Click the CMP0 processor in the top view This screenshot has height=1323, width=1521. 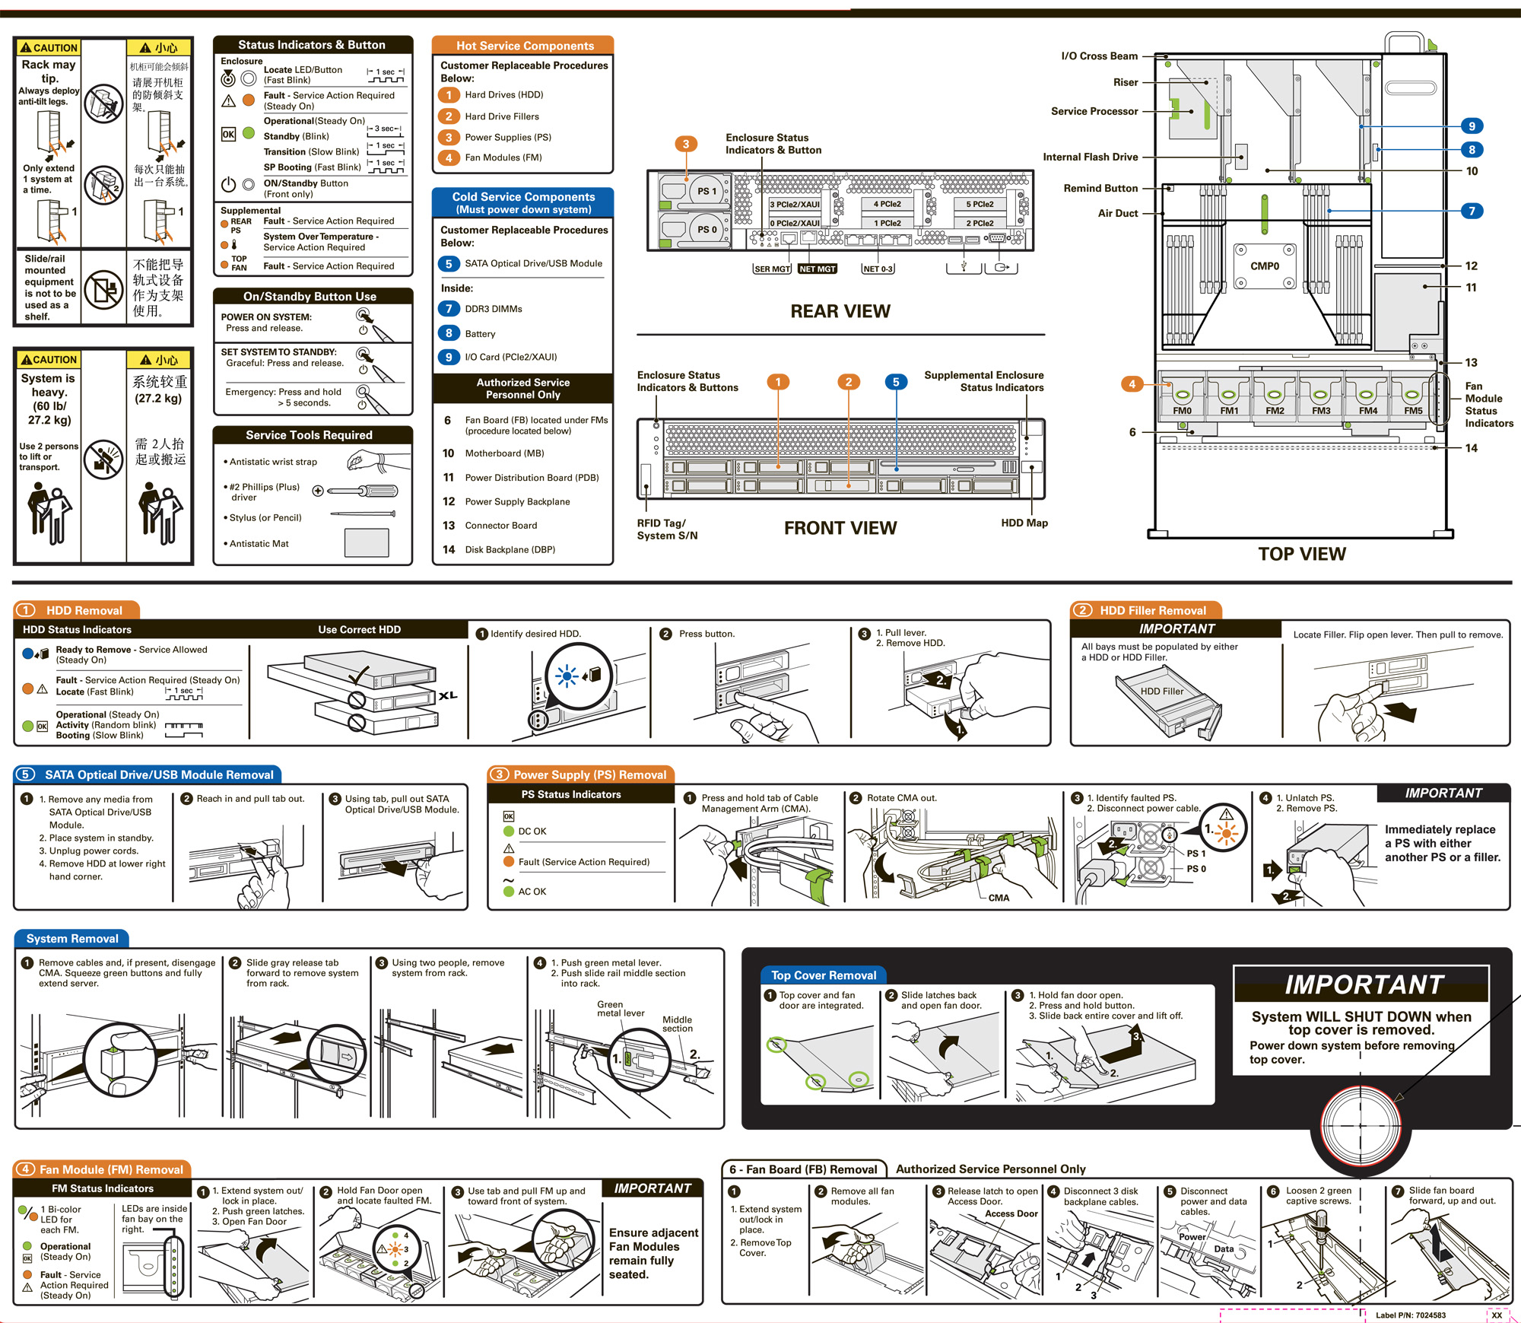coord(1265,267)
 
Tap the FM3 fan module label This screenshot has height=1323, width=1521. coord(1321,411)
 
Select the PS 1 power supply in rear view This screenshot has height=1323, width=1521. coord(706,191)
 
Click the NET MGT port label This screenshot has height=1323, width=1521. coord(818,269)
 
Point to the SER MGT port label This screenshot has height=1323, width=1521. coord(772,269)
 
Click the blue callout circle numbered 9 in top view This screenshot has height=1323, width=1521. coord(1472,126)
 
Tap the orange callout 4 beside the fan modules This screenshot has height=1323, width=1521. coord(1132,384)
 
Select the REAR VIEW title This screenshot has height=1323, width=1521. coord(840,311)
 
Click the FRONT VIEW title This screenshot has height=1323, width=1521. coord(840,528)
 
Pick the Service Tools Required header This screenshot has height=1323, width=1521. coord(309,435)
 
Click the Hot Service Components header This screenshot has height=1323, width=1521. coord(525,46)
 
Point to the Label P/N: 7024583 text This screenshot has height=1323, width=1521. coord(1410,1315)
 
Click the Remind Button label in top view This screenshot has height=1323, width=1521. coord(1100,188)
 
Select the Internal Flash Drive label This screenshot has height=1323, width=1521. coord(1090,157)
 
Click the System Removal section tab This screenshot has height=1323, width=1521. coord(72,939)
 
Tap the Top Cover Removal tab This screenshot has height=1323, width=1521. coord(823,975)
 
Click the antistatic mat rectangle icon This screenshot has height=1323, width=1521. coord(367,543)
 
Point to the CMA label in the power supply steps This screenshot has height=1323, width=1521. coord(999,898)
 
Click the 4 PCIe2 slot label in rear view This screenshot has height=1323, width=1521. coord(887,204)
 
